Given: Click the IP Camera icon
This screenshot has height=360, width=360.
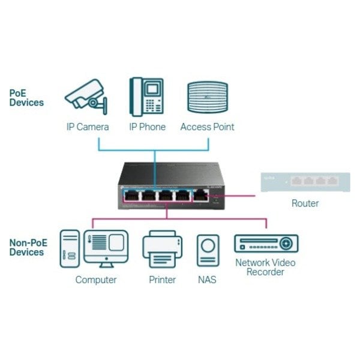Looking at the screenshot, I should (x=85, y=98).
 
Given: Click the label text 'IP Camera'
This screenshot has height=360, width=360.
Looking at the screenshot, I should (x=88, y=127).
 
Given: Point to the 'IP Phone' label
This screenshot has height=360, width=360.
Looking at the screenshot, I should (x=147, y=127).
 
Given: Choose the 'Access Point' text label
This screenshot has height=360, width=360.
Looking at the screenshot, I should (x=208, y=127).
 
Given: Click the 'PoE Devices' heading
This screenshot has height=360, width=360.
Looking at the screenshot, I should (x=26, y=98).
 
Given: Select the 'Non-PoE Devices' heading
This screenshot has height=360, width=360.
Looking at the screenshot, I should (x=26, y=248).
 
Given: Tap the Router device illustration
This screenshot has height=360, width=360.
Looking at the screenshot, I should (x=304, y=182).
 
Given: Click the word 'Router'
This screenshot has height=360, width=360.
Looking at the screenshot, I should (x=305, y=203).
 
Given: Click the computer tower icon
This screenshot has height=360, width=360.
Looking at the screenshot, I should (x=70, y=248).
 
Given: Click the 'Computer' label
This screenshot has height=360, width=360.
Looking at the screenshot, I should (x=96, y=280).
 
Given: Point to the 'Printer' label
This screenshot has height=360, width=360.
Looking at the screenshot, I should (x=162, y=280).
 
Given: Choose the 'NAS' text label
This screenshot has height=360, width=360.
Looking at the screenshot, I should (x=207, y=280).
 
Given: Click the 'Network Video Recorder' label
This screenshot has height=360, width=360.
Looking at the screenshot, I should (x=265, y=267).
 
